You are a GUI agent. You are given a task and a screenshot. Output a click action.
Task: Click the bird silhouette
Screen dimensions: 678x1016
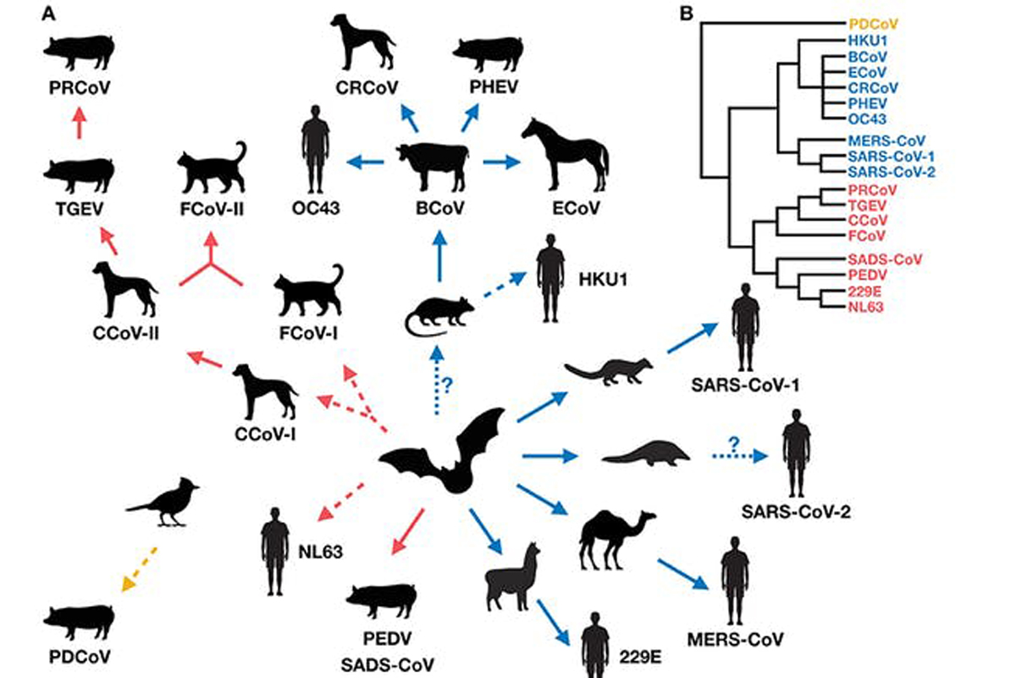pyautogui.click(x=166, y=500)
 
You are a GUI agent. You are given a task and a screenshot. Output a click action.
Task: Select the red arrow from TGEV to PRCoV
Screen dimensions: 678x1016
pyautogui.click(x=80, y=126)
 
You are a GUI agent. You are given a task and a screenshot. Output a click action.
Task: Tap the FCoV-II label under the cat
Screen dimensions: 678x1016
pyautogui.click(x=212, y=208)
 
